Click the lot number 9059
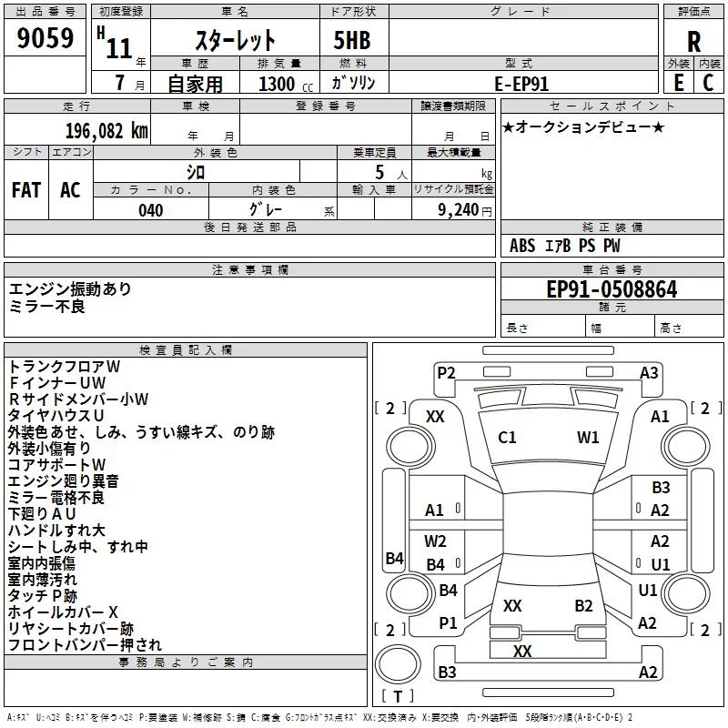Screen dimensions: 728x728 [45, 38]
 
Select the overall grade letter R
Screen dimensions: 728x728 [693, 42]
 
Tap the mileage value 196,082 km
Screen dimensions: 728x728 [106, 131]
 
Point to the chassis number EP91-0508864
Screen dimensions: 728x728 [612, 289]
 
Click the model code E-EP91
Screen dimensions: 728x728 [521, 84]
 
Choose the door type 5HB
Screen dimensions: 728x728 [352, 40]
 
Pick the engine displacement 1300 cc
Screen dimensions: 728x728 [286, 84]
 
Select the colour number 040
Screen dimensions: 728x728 [151, 210]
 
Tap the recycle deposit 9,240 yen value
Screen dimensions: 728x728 [465, 210]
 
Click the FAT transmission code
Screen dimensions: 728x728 [26, 190]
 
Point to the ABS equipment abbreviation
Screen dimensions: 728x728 [522, 246]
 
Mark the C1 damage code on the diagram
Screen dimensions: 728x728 [507, 438]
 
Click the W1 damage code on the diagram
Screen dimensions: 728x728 [588, 438]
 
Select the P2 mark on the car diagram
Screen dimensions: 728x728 [446, 373]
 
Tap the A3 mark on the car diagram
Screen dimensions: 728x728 [649, 373]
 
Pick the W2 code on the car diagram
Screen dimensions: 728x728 [435, 541]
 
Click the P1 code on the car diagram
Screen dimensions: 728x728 [448, 622]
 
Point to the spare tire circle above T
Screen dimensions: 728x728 [398, 663]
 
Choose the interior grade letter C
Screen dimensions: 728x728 [709, 83]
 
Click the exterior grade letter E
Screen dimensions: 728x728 [678, 83]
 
